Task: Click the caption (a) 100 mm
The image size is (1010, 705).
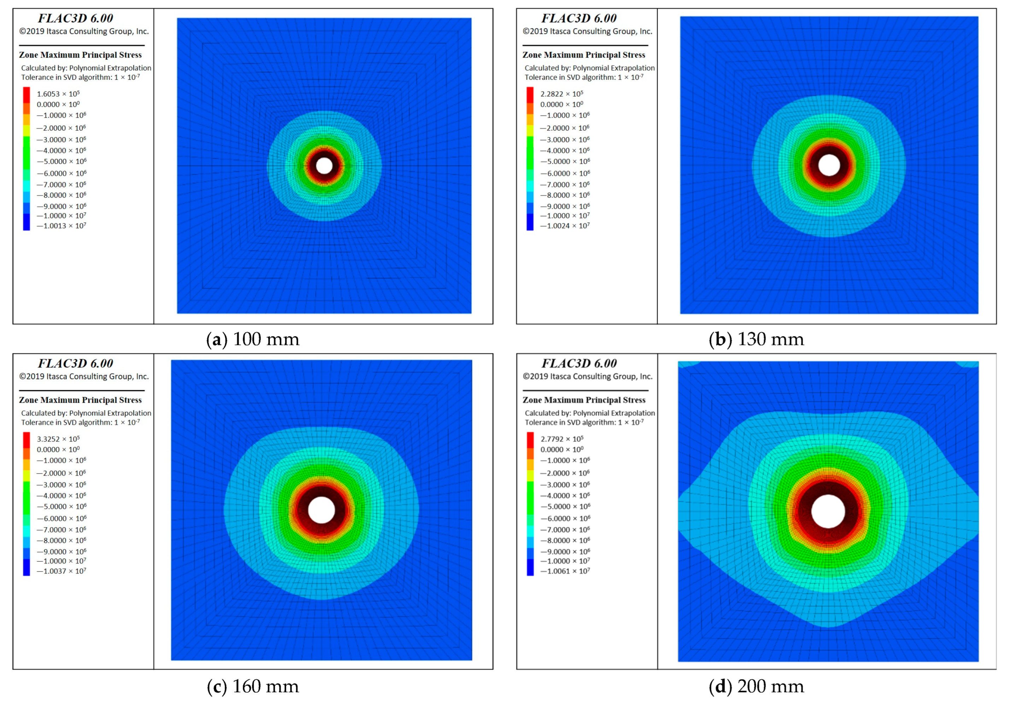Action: pos(253,339)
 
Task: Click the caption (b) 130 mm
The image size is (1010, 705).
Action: pos(757,339)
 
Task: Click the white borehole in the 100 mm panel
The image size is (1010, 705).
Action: pos(325,166)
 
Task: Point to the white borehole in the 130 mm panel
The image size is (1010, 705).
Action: pos(829,165)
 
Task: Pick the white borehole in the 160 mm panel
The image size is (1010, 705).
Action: pos(321,510)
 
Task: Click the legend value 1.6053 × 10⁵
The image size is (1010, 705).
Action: pos(58,94)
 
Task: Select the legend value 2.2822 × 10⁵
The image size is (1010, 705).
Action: pos(562,94)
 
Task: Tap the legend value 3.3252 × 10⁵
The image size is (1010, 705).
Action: pos(58,439)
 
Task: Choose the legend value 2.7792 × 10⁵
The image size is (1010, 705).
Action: pos(562,439)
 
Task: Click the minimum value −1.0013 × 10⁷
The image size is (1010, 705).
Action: pos(61,226)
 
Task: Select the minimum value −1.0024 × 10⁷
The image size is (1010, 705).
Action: pos(565,226)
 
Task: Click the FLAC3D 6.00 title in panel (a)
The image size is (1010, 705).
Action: pos(75,18)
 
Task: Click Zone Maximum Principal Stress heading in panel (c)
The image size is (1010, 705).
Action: pos(80,400)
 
